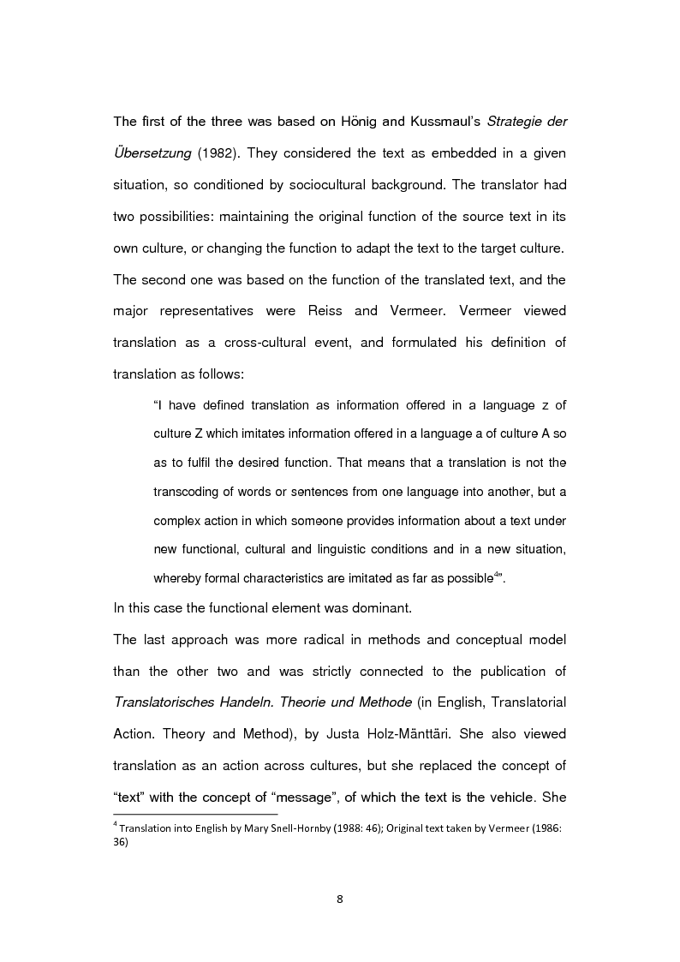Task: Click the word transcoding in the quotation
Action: click(x=188, y=491)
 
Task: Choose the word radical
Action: click(x=331, y=640)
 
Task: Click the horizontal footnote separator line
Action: click(x=195, y=815)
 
